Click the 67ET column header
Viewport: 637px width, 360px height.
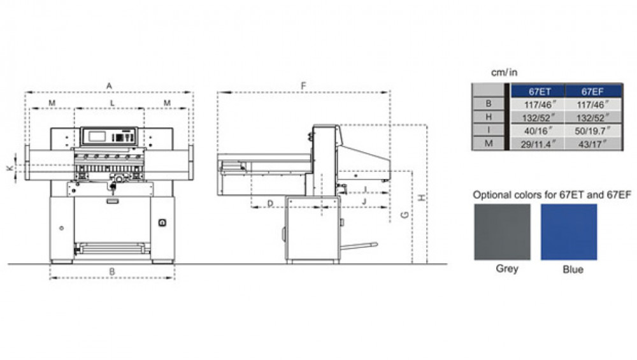(538, 91)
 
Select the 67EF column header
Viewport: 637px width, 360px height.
(593, 91)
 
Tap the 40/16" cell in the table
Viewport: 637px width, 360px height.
(538, 131)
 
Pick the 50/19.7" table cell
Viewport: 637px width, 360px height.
(593, 131)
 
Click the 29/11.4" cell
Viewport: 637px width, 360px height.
(538, 144)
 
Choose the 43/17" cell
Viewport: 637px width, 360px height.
(593, 144)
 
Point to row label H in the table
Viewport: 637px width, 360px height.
(489, 117)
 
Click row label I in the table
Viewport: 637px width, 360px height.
(489, 130)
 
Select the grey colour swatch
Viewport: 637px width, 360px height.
(502, 232)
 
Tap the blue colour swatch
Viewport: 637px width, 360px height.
(569, 232)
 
